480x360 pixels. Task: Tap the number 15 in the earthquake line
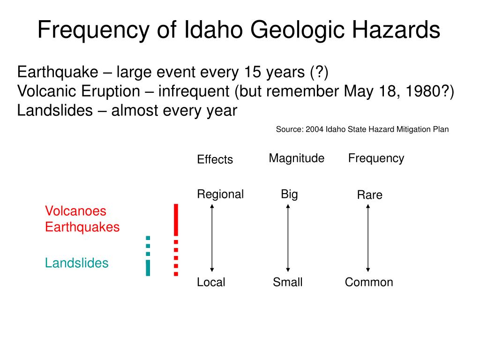click(253, 72)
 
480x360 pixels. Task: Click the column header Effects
click(215, 159)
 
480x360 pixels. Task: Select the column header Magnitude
click(296, 158)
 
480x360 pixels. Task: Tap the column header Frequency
click(376, 158)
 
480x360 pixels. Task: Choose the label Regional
click(220, 194)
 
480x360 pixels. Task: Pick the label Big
click(289, 194)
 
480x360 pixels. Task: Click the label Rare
click(369, 195)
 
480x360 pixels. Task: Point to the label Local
click(211, 282)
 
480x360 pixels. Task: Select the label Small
click(288, 282)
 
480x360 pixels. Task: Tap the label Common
click(369, 282)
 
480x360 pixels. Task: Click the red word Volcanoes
click(75, 211)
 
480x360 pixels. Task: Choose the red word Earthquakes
click(82, 227)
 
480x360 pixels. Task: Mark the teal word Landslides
click(76, 263)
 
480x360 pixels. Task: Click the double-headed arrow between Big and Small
click(288, 238)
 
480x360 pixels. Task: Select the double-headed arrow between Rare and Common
click(368, 238)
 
